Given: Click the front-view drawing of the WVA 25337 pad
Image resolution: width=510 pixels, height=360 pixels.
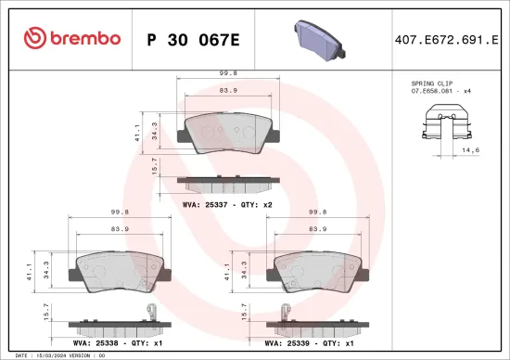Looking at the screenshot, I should coord(228,133).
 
